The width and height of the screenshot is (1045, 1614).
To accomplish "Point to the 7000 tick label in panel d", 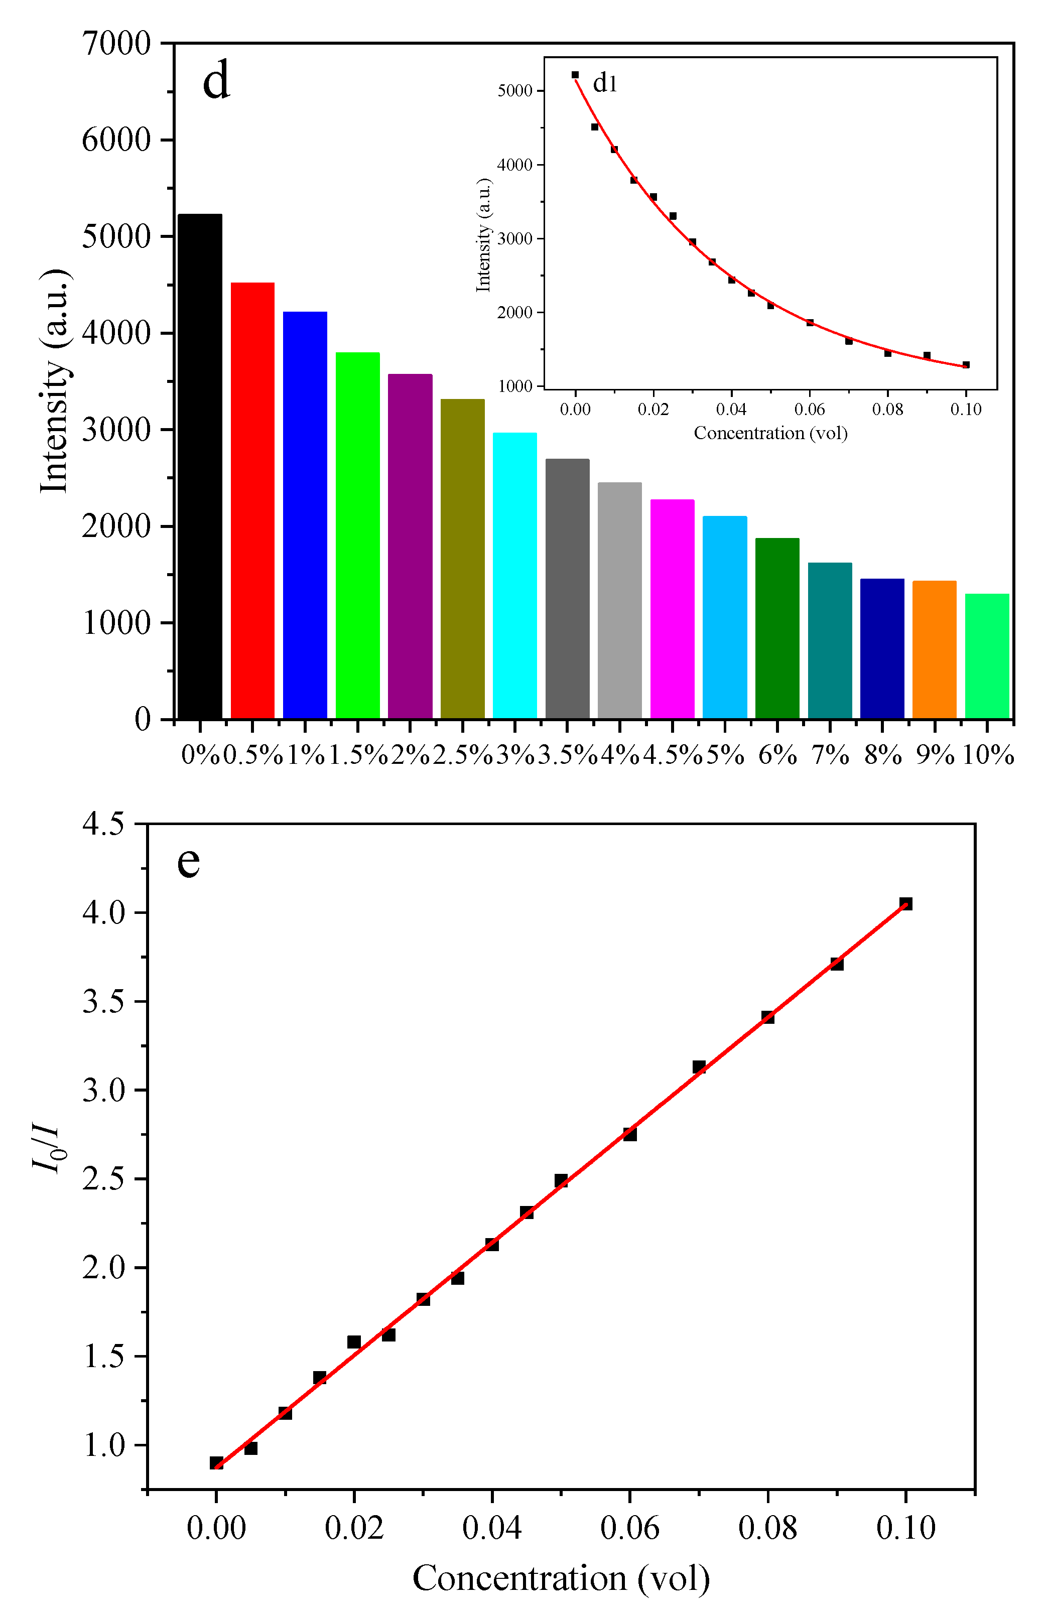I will [x=116, y=44].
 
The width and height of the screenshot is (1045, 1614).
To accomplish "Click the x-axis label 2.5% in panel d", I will [x=462, y=755].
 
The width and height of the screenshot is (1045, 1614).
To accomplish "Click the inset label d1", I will [x=605, y=83].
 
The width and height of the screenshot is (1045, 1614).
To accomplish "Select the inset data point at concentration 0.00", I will [x=575, y=75].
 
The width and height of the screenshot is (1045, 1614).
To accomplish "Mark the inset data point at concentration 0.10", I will [x=966, y=365].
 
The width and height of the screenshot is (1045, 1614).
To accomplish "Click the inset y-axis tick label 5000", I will [x=515, y=91].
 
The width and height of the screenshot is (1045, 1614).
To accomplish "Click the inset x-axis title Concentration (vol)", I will [x=770, y=433].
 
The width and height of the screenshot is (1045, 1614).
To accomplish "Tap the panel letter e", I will [x=189, y=861].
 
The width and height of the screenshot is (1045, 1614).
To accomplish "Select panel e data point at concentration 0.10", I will [x=906, y=903].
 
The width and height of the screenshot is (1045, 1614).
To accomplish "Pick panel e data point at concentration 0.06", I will [x=630, y=1134].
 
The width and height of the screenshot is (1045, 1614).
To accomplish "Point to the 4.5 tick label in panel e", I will [x=104, y=824].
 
